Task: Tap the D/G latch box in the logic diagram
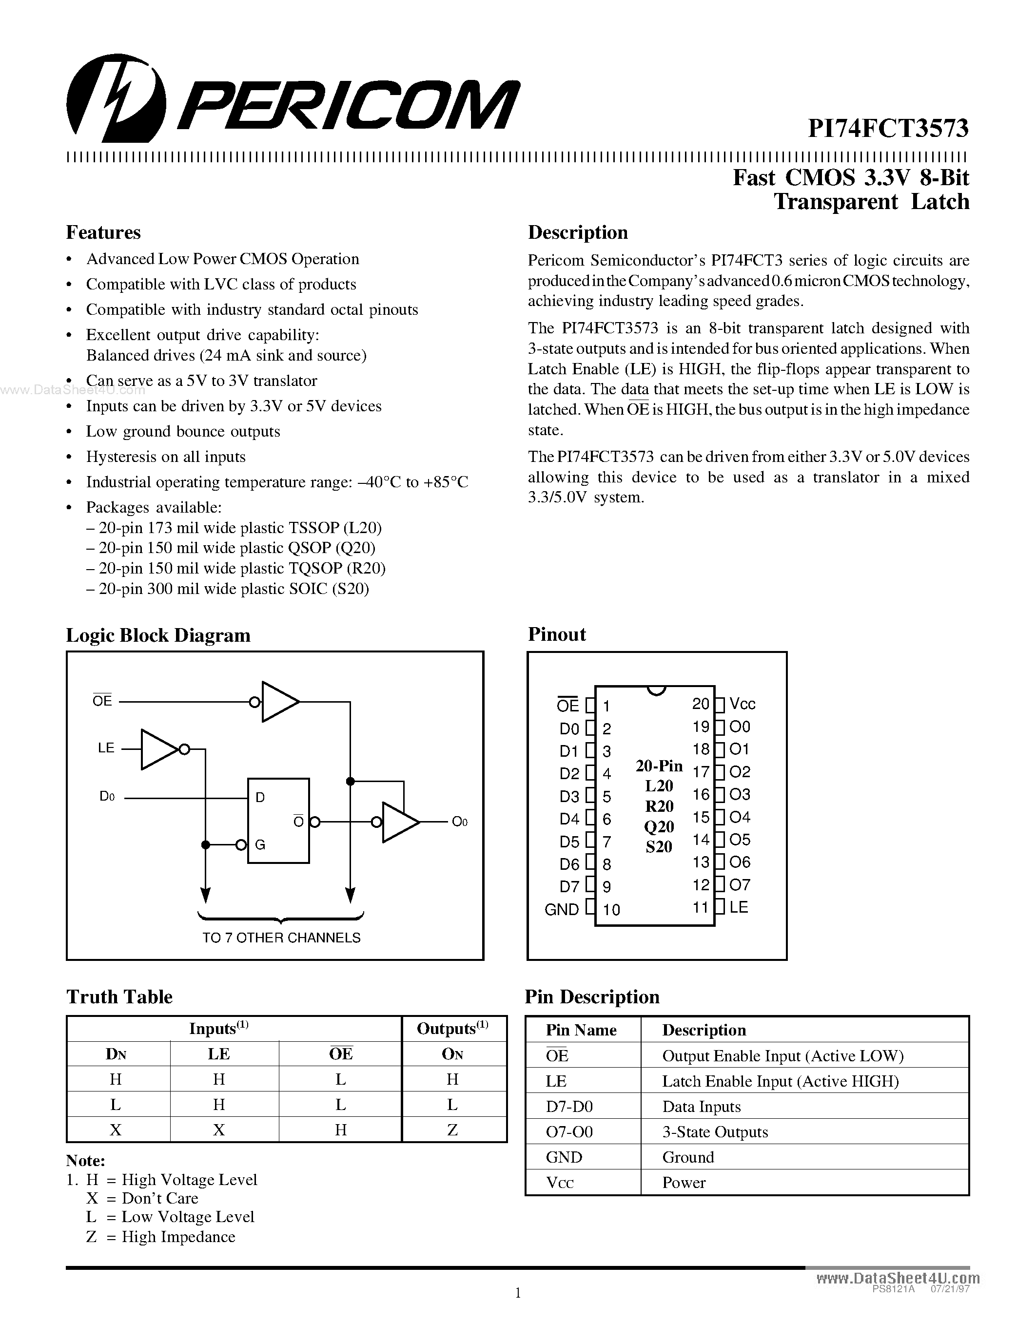pyautogui.click(x=278, y=820)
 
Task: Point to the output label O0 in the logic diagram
pyautogui.click(x=459, y=822)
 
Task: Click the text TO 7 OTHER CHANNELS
pyautogui.click(x=281, y=938)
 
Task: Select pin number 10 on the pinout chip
pyautogui.click(x=611, y=909)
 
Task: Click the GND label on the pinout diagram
pyautogui.click(x=562, y=909)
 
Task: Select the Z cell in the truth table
pyautogui.click(x=452, y=1129)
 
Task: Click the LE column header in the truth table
pyautogui.click(x=218, y=1054)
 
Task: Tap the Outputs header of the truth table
pyautogui.click(x=452, y=1029)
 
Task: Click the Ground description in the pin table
pyautogui.click(x=688, y=1157)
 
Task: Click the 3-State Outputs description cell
pyautogui.click(x=715, y=1131)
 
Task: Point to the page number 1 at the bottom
pyautogui.click(x=517, y=1293)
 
